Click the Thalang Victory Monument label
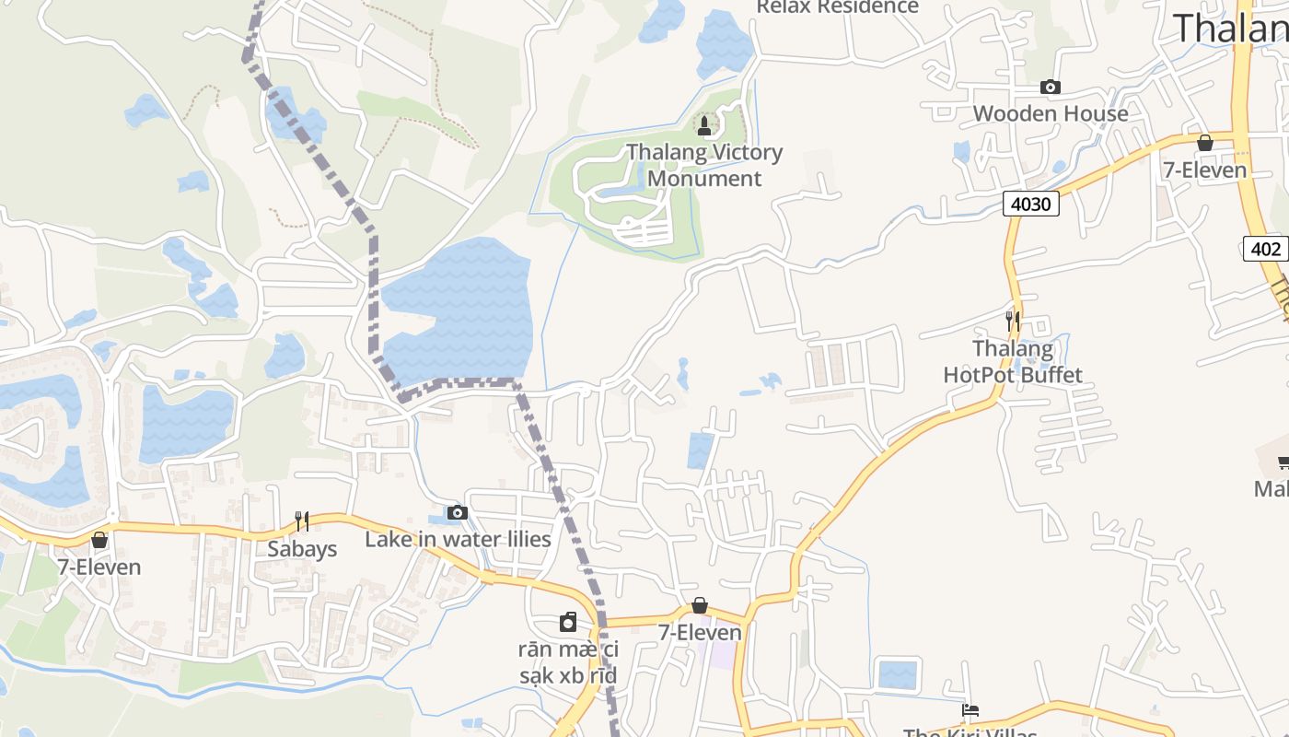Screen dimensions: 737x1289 (704, 165)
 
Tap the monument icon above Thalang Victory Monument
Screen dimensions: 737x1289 (704, 125)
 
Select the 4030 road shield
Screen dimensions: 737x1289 (1030, 204)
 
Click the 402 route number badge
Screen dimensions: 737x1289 (1265, 248)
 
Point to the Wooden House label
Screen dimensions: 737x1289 (1050, 113)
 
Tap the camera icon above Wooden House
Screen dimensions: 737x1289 (1050, 88)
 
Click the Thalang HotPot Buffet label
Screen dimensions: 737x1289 (1013, 361)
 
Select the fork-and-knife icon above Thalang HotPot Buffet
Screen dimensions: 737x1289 (1013, 321)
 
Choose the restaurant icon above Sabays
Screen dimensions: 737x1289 (301, 521)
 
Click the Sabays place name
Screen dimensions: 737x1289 (302, 549)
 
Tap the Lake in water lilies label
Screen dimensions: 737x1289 (458, 539)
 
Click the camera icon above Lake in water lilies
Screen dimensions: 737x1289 (458, 512)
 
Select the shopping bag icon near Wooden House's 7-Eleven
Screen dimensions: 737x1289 (1204, 143)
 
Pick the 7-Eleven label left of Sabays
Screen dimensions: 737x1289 (99, 567)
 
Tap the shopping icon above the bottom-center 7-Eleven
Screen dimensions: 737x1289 (700, 605)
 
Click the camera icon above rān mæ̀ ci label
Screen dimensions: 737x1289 (568, 622)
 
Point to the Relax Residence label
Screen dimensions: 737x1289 (837, 7)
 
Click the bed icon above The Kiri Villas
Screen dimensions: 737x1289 (970, 710)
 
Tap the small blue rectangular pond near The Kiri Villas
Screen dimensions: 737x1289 (897, 674)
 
